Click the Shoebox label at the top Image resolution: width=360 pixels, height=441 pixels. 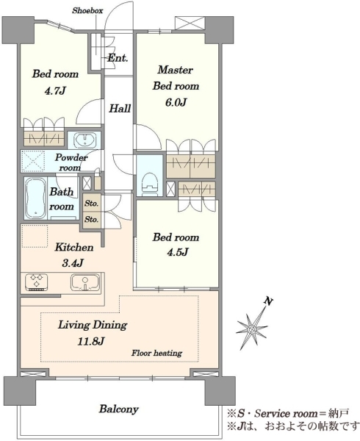coord(87,11)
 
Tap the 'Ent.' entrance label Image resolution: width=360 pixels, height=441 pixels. coord(118,58)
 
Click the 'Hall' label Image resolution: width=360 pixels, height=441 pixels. coord(120,108)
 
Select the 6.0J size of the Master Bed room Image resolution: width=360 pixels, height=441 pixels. coord(176,103)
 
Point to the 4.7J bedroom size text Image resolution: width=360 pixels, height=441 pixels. coord(55,91)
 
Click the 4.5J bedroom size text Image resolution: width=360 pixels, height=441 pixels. coord(177,252)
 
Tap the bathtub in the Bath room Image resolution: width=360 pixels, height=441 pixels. coord(36,198)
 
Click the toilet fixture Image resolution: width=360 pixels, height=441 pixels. coord(149,183)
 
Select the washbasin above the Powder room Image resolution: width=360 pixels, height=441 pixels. coord(84,140)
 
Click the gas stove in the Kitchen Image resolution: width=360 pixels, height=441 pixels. coord(37,282)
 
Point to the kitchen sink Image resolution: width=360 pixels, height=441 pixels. coord(85,282)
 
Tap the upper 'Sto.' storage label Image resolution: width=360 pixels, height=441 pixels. coord(91,203)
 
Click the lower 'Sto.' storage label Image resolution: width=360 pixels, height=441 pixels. coord(91,219)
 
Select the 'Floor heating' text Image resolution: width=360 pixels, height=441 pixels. coord(156,353)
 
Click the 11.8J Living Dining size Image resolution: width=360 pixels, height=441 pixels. coord(91,342)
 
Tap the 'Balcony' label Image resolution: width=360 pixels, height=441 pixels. coord(118,409)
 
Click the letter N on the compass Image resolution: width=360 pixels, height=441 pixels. coord(268,302)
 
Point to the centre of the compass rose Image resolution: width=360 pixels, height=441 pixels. coord(252,329)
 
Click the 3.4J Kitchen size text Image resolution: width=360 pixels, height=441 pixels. coord(72,263)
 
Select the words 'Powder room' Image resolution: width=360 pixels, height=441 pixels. coord(71,162)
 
